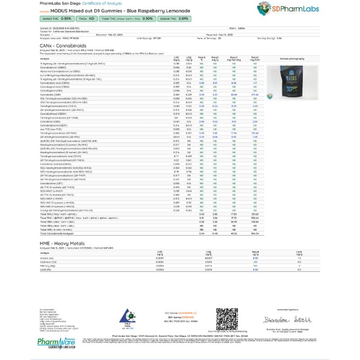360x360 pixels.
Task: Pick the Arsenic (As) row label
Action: click(47, 258)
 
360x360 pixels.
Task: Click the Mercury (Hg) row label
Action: click(47, 265)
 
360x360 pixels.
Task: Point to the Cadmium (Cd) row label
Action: click(48, 262)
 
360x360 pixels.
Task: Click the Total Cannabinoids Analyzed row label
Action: click(58, 234)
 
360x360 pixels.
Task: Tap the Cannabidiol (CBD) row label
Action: click(48, 95)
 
